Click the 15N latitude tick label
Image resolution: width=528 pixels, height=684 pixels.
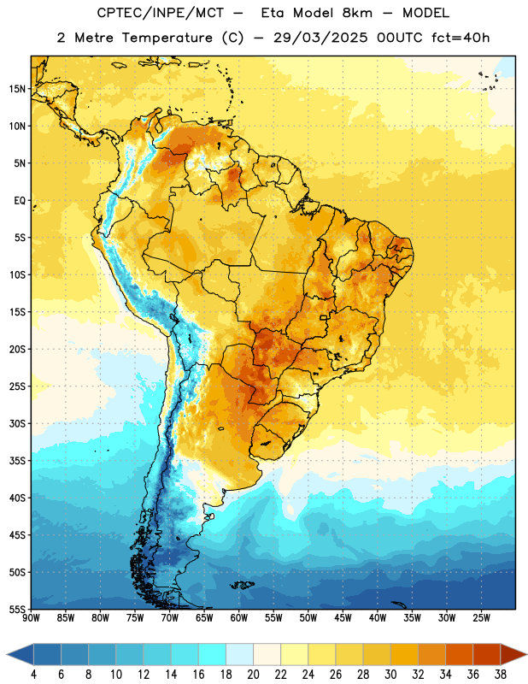[17, 89]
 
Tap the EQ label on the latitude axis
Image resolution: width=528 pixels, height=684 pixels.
[20, 201]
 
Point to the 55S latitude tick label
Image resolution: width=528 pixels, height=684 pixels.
[17, 609]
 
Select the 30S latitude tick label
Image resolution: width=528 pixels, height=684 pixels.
[17, 423]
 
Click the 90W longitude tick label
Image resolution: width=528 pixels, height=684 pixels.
[31, 618]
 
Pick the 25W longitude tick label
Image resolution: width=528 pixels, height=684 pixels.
[481, 618]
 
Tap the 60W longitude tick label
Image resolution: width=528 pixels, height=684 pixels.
[239, 618]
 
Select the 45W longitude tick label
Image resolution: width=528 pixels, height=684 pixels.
[343, 618]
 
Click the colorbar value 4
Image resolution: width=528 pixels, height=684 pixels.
[33, 675]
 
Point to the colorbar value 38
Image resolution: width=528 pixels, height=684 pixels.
[501, 675]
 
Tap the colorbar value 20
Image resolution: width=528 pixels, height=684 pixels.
[253, 675]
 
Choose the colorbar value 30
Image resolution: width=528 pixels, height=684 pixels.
[390, 675]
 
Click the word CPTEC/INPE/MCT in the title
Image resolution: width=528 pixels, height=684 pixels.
[161, 13]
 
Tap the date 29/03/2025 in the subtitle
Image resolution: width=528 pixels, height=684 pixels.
[320, 38]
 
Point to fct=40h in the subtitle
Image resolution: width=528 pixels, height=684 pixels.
[461, 38]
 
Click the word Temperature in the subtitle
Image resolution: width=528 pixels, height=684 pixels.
[167, 38]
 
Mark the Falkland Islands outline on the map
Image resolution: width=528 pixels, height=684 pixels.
[242, 585]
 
